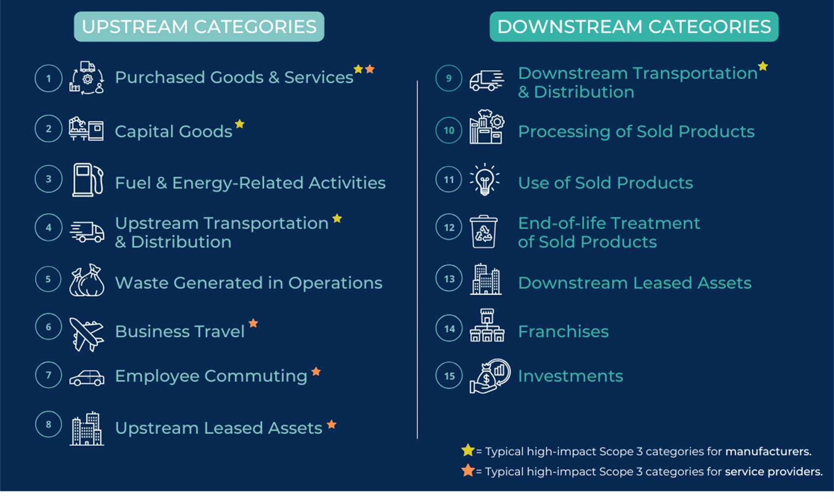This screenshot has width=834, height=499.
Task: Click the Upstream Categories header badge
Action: (x=199, y=27)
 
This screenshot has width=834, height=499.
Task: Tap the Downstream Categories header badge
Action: (x=634, y=27)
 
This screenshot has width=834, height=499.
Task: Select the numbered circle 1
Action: (x=48, y=78)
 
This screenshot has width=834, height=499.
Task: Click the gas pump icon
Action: (x=87, y=180)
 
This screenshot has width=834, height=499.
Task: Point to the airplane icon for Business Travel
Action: (x=87, y=334)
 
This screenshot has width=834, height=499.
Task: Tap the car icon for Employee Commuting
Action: (x=87, y=378)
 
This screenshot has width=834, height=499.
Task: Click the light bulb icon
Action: (x=485, y=180)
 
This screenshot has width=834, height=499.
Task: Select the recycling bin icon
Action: (x=484, y=231)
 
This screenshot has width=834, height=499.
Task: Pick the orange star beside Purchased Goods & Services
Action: (x=370, y=69)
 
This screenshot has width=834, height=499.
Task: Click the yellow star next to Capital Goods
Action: (x=240, y=123)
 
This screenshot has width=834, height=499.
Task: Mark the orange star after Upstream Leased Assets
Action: (x=332, y=424)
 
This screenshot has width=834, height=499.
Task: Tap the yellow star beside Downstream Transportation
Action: (x=763, y=66)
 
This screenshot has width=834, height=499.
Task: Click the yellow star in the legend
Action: (x=468, y=450)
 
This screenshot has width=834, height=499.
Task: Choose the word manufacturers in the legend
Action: (x=768, y=452)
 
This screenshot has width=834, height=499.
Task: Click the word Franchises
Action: (x=563, y=331)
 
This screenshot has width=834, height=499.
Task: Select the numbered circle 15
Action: (x=449, y=376)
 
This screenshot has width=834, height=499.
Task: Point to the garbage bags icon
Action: (x=87, y=280)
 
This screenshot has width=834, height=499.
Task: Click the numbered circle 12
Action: (x=449, y=227)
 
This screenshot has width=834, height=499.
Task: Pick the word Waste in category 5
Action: (x=142, y=283)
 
